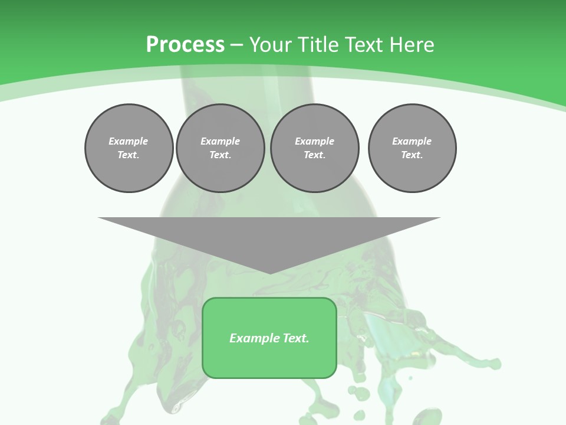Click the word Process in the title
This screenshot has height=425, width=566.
pos(185,44)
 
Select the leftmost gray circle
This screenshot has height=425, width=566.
pos(129,148)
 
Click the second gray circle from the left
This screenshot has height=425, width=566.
pos(221,148)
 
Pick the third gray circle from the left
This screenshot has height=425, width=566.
pos(315,148)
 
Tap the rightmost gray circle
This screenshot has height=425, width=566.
pos(412,148)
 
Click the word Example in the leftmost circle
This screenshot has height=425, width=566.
pos(129,141)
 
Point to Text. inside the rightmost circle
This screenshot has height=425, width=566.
pos(412,155)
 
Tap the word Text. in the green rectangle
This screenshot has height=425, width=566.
pos(296,338)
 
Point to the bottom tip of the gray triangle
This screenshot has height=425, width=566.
pos(270,273)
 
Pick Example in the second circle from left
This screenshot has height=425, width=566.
pos(221,141)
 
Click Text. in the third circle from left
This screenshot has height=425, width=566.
pos(315,155)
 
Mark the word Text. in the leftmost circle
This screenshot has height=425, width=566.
pos(129,155)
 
